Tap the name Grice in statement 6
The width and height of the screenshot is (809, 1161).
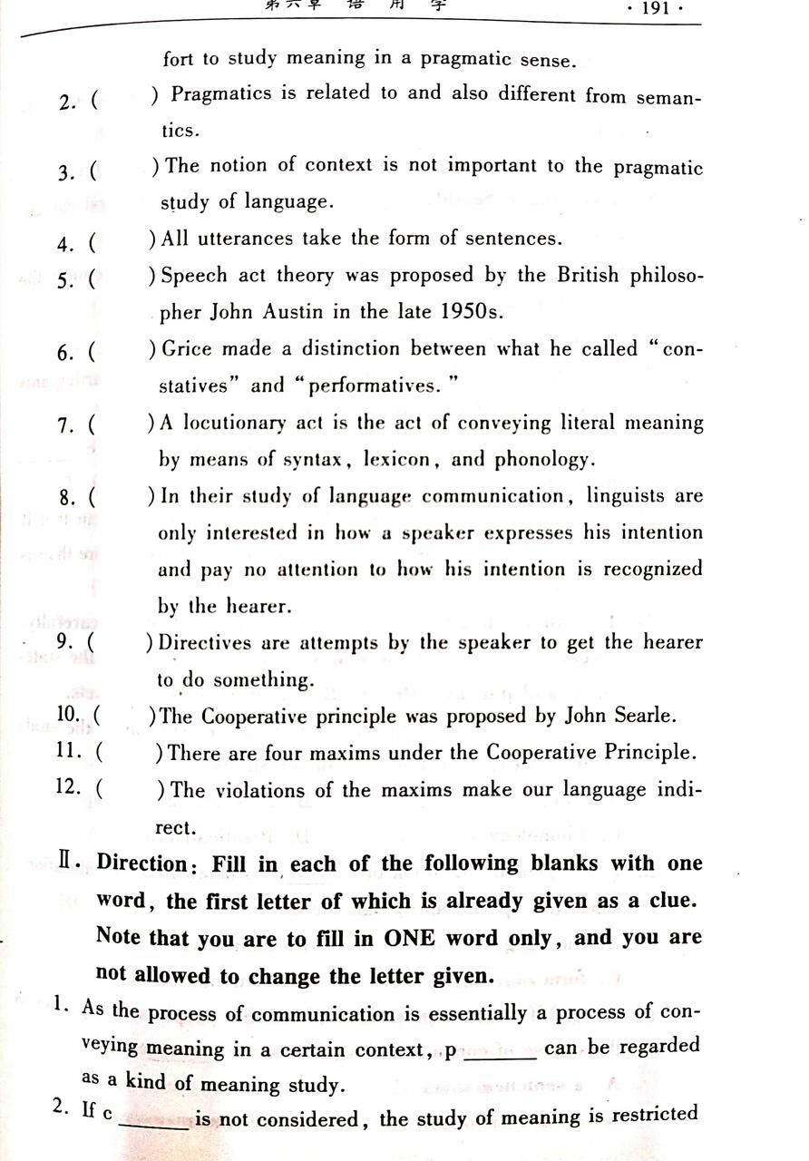[x=188, y=349]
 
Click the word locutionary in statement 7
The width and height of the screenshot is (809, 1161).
[x=235, y=423]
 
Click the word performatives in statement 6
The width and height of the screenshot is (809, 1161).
[x=374, y=386]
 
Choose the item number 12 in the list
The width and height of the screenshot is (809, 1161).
[x=69, y=787]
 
